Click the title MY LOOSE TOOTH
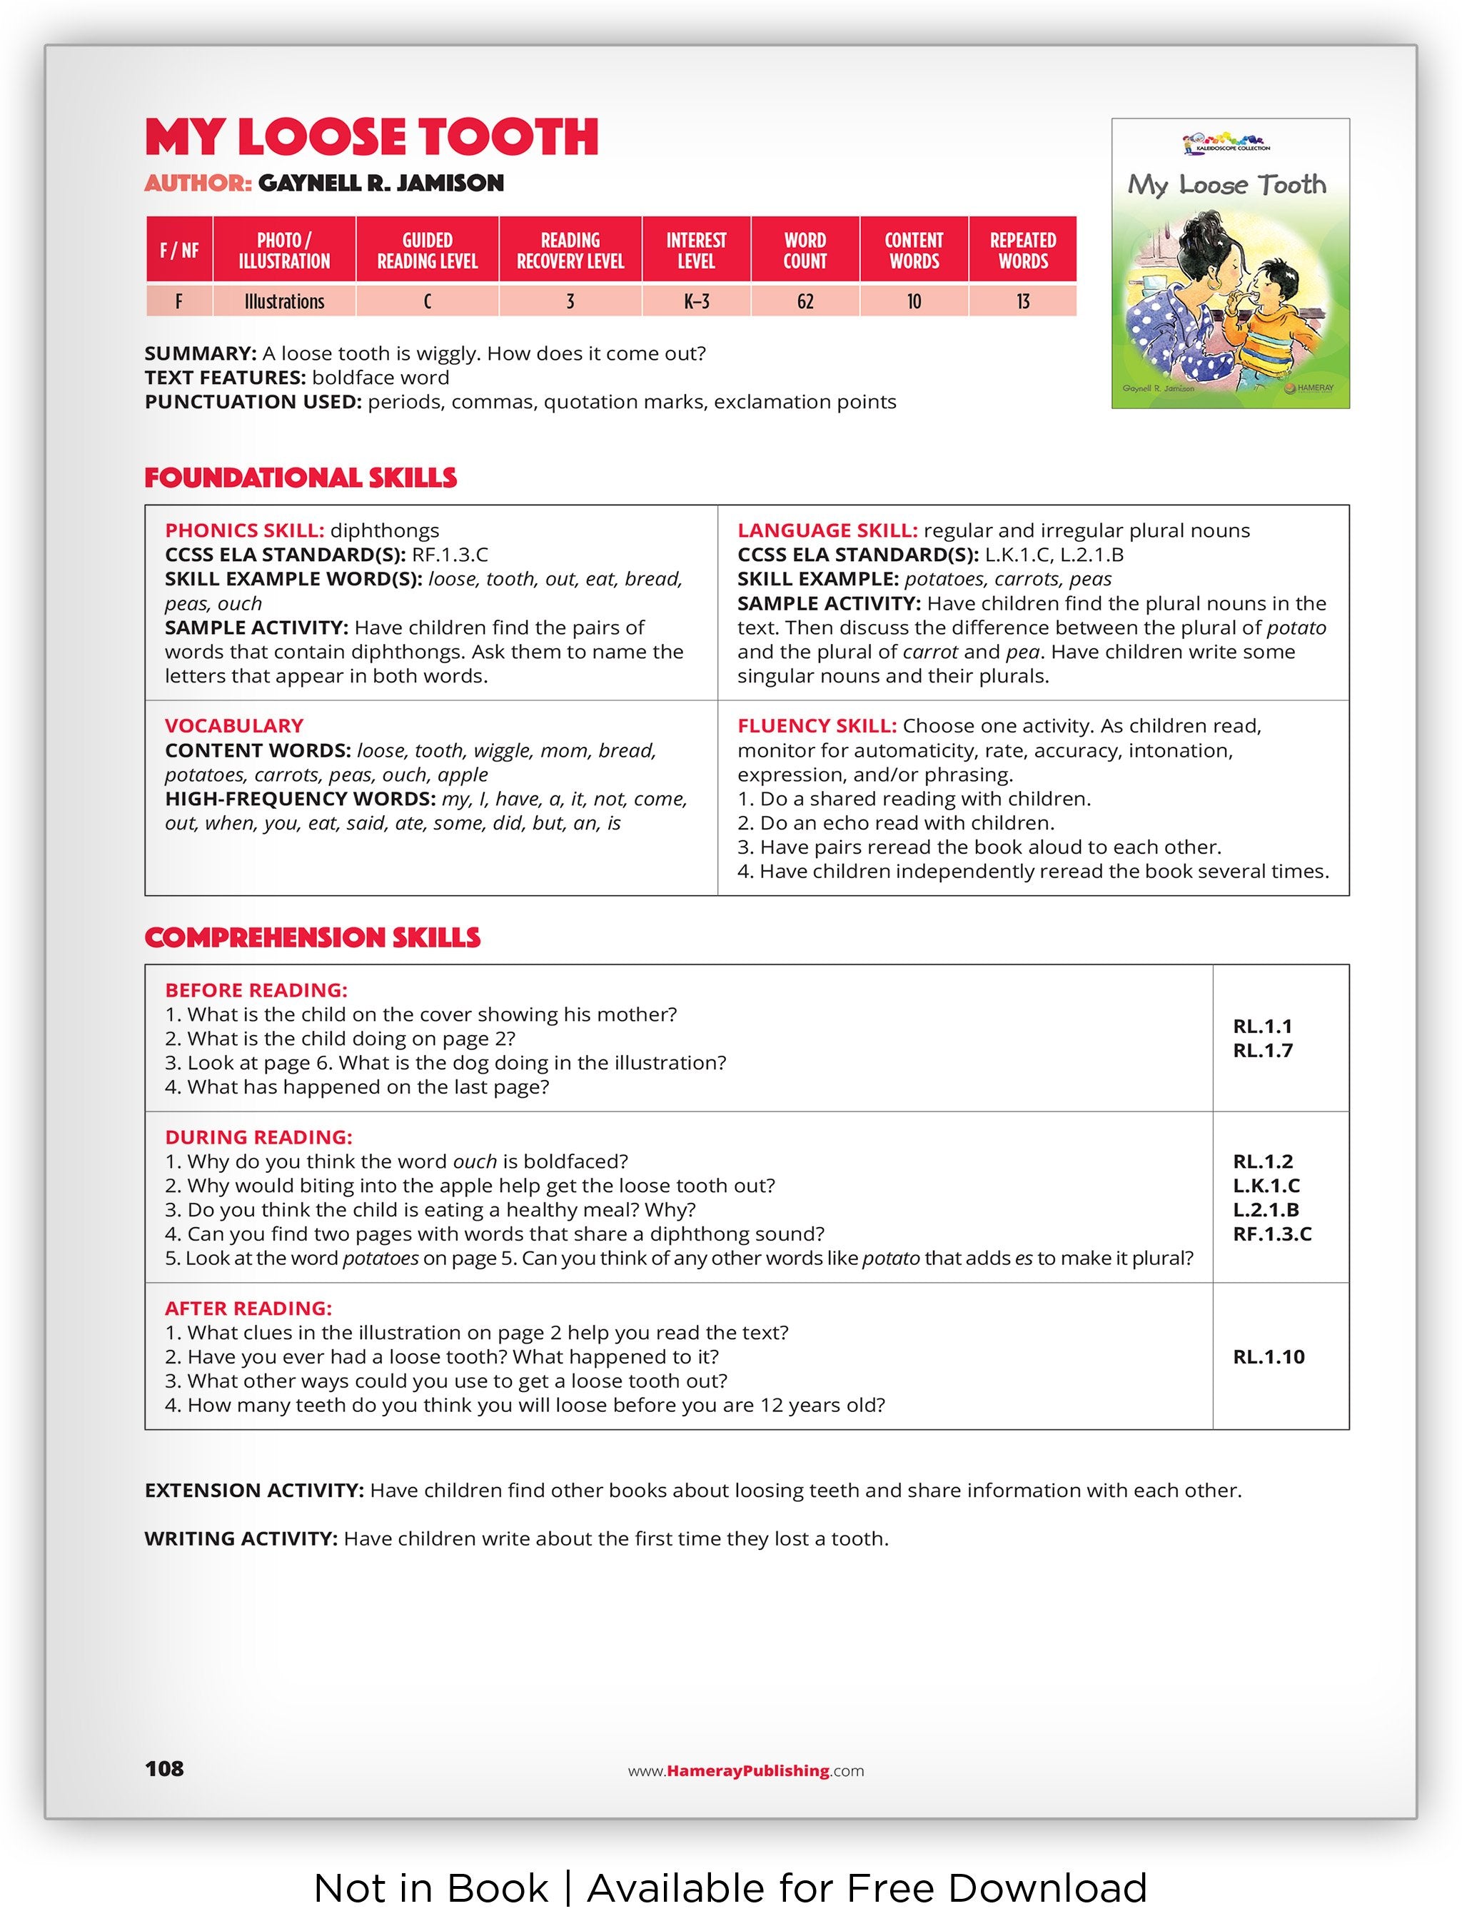click(371, 137)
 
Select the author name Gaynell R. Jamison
click(380, 183)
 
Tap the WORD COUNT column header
click(804, 251)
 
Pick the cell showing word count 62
click(804, 302)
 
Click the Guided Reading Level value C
click(427, 302)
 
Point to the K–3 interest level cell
click(695, 302)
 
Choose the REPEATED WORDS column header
click(1022, 251)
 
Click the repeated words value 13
click(1022, 302)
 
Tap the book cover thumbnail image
click(1230, 263)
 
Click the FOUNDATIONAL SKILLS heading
click(301, 478)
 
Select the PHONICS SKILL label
click(244, 531)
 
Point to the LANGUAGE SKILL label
click(827, 531)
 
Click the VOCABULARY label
click(234, 726)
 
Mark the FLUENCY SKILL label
click(817, 726)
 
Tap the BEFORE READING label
click(256, 991)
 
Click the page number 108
click(164, 1769)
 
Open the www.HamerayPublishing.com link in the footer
click(745, 1771)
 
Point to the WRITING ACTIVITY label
click(241, 1539)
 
